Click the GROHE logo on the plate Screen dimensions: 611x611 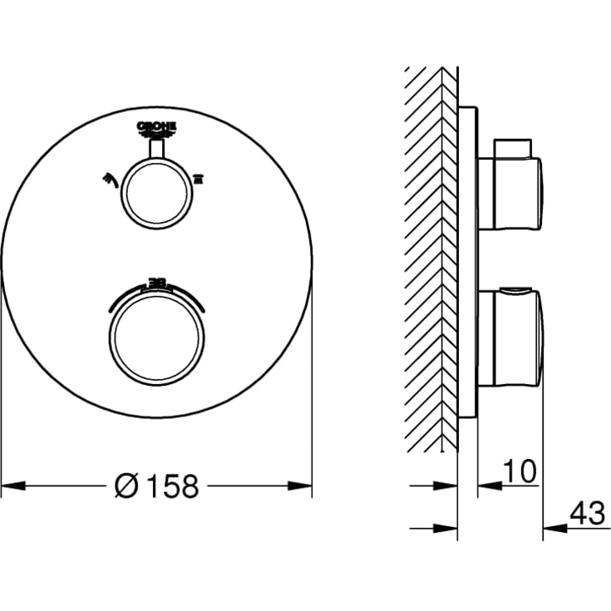(x=157, y=126)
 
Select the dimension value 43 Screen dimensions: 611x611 (x=587, y=514)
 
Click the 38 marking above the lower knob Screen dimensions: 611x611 (x=156, y=282)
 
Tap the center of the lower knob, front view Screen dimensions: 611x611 (x=156, y=337)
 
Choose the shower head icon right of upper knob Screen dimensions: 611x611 (x=198, y=176)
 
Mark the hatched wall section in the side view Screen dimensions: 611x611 (x=432, y=258)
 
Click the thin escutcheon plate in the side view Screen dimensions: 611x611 (x=468, y=258)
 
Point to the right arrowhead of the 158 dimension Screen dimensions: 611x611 (x=304, y=485)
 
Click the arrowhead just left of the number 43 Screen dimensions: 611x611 (x=550, y=527)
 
